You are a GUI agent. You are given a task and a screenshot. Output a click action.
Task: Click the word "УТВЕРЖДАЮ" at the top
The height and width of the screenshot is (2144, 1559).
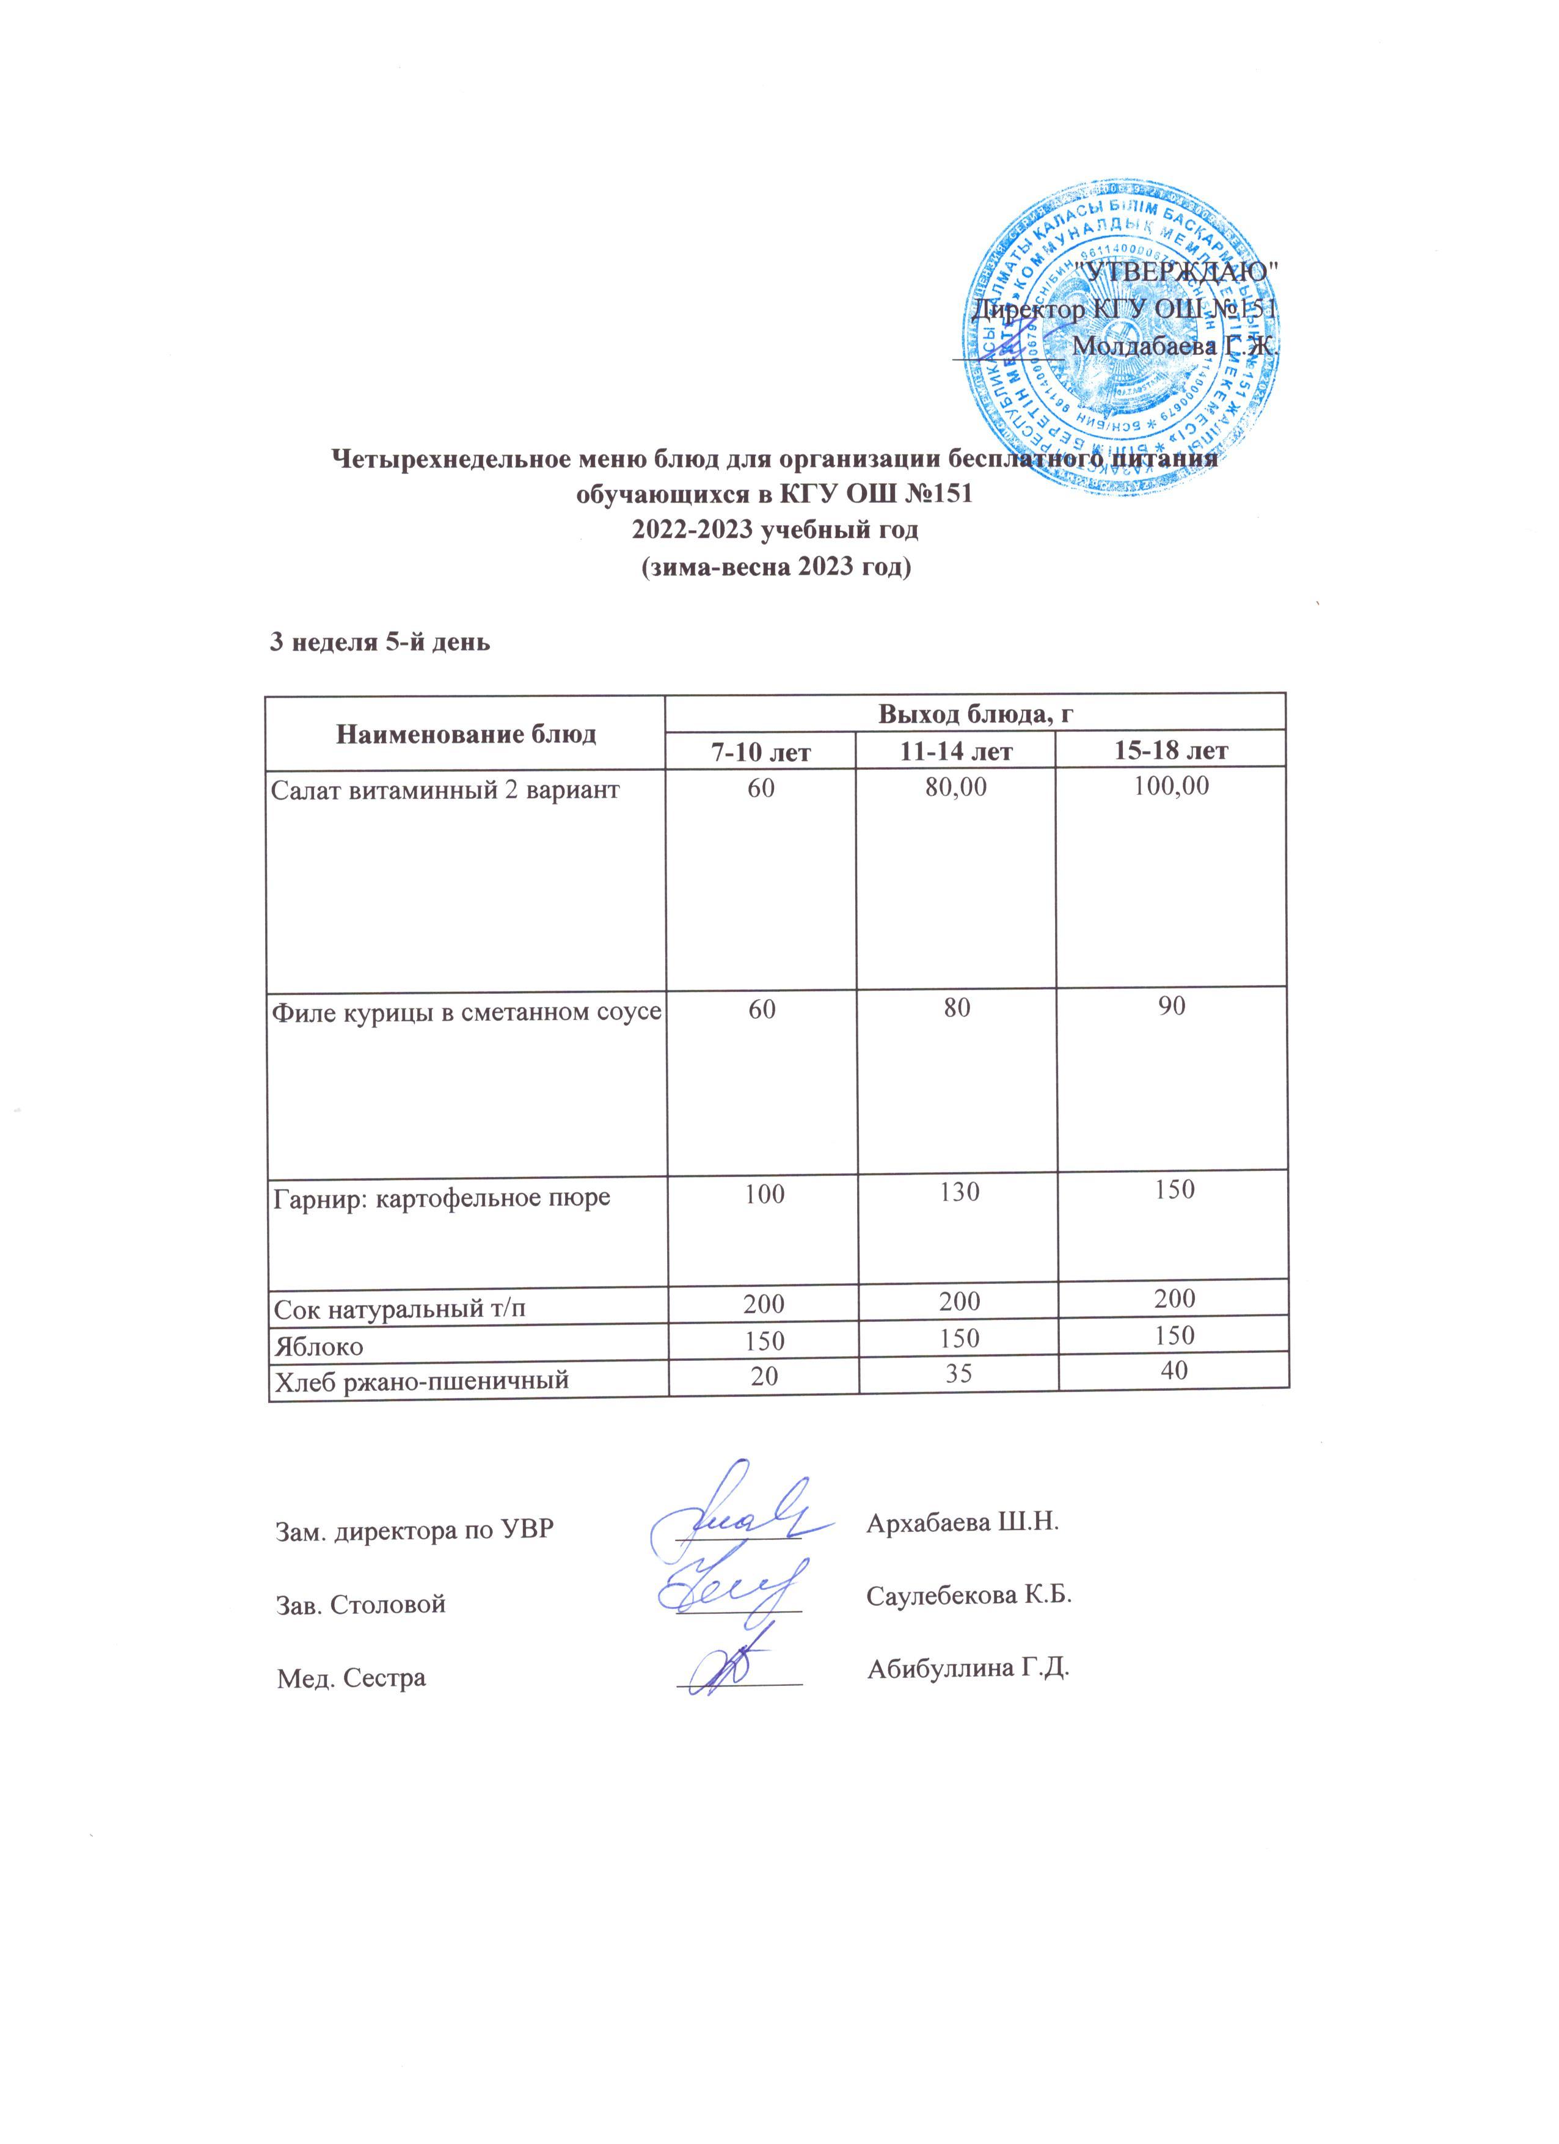[1177, 271]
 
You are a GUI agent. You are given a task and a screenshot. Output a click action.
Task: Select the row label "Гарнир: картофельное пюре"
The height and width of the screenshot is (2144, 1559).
[442, 1198]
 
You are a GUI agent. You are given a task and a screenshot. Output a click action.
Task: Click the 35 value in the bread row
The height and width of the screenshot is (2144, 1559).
[958, 1373]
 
